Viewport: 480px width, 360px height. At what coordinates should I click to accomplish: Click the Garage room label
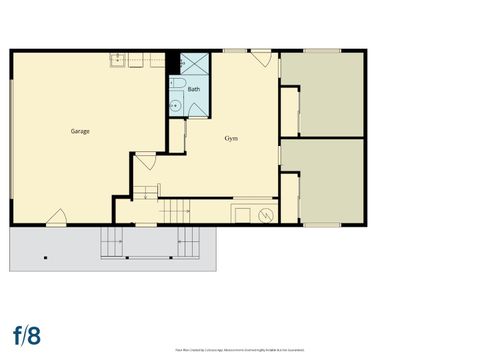[x=81, y=131]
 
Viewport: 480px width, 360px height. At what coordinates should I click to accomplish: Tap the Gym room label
[x=231, y=137]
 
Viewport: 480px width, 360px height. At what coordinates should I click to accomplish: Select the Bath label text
[x=193, y=89]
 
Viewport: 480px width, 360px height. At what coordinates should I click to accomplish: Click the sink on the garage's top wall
[x=116, y=59]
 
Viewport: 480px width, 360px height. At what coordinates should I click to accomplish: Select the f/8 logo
[x=27, y=332]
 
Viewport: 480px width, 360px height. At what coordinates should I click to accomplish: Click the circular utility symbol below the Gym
[x=266, y=214]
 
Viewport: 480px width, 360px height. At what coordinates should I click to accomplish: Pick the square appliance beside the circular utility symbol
[x=243, y=213]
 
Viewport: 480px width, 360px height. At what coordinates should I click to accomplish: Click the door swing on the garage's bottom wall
[x=57, y=216]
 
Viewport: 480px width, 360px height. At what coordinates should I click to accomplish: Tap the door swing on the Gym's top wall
[x=262, y=58]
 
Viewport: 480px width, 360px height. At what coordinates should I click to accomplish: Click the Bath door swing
[x=181, y=125]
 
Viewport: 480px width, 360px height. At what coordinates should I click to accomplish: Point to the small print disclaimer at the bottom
[x=239, y=350]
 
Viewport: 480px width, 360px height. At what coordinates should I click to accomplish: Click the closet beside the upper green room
[x=290, y=111]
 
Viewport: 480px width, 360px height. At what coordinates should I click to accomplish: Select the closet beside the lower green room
[x=290, y=197]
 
